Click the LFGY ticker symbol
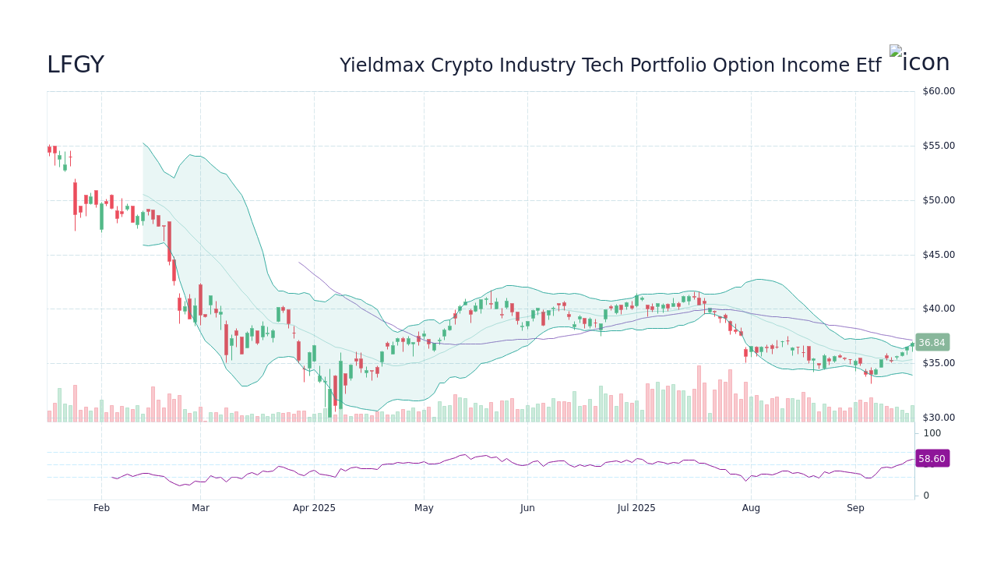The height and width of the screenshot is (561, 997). tap(76, 65)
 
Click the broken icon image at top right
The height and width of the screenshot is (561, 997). tap(919, 61)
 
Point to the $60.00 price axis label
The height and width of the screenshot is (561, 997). tap(938, 91)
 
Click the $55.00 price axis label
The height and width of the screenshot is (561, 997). tap(938, 146)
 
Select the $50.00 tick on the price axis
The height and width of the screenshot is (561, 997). tap(938, 200)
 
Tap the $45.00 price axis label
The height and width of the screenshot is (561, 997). tap(938, 255)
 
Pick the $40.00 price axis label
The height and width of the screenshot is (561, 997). tap(938, 309)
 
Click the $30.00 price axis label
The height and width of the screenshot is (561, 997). tap(938, 418)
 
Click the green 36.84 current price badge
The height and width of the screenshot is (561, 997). tap(932, 343)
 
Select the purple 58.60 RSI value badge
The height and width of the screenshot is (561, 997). tap(932, 459)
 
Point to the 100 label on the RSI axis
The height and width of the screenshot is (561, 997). tap(932, 433)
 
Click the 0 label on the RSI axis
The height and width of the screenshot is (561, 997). tap(926, 496)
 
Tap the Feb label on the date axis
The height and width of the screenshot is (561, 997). tap(101, 508)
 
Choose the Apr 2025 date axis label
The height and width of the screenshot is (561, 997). tap(314, 508)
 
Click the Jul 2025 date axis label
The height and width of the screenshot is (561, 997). tap(636, 508)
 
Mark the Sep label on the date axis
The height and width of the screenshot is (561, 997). tap(855, 508)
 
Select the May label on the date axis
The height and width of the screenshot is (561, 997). tap(424, 508)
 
